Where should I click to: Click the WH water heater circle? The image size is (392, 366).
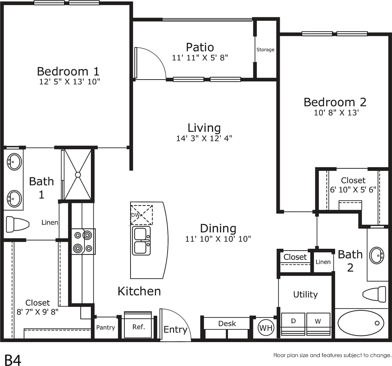[x=266, y=328]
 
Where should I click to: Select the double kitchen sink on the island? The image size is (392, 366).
[x=141, y=241]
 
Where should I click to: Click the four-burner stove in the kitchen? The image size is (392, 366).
[x=83, y=241]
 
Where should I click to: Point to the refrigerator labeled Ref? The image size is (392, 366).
[x=138, y=327]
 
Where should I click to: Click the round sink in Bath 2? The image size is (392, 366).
[x=377, y=256]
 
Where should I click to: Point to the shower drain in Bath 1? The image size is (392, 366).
[x=78, y=174]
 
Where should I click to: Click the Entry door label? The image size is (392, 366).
[x=175, y=329]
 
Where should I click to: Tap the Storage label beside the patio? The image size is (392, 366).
[x=265, y=50]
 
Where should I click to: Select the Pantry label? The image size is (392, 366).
[x=106, y=327]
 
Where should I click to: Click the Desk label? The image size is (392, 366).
[x=227, y=323]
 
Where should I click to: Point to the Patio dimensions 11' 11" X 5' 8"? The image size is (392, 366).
[x=200, y=58]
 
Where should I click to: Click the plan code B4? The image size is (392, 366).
[x=13, y=360]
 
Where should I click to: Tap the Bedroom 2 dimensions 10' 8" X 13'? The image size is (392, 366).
[x=336, y=113]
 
